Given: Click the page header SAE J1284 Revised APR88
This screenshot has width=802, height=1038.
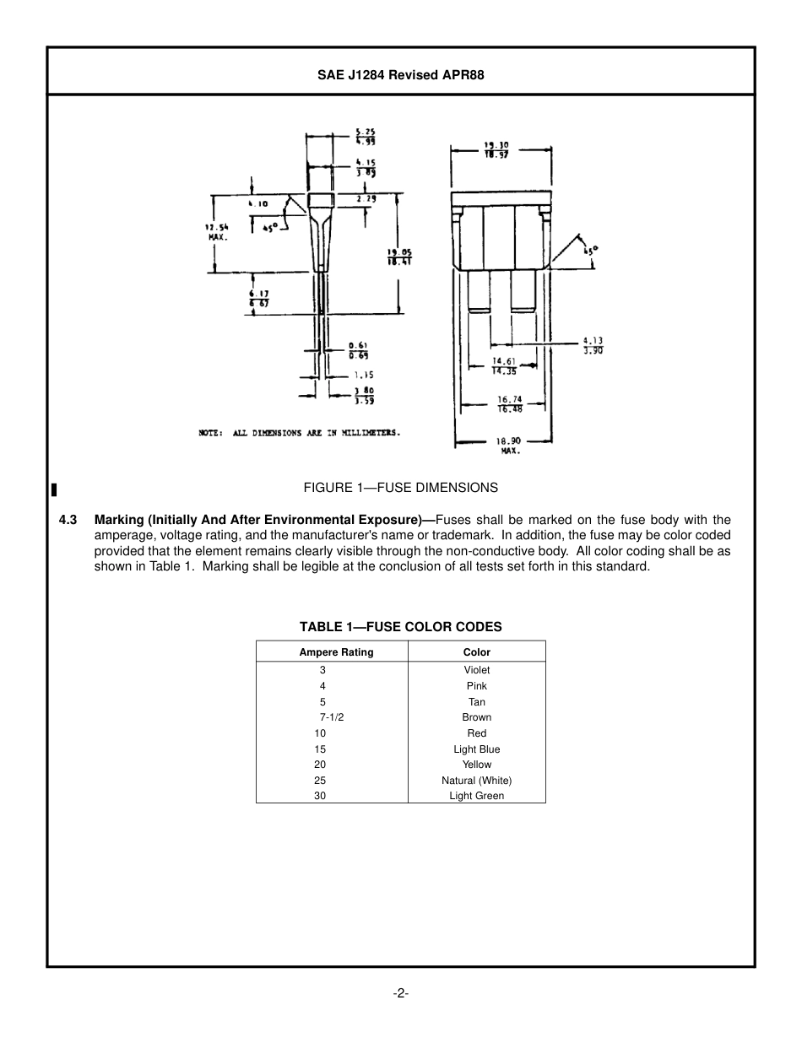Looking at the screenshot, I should (400, 74).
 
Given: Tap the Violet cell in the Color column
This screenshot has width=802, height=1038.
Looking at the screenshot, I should (477, 670).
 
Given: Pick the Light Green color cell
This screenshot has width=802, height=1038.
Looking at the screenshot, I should (477, 796).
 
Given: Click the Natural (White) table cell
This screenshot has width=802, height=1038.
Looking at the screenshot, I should (477, 781).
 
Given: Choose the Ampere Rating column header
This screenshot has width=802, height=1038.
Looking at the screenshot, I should (336, 652).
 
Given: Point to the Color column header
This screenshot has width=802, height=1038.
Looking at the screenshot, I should (477, 652).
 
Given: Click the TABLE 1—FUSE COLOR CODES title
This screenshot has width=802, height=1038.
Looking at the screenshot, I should (401, 627).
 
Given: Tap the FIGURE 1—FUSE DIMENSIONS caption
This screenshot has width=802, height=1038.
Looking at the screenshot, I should (401, 488).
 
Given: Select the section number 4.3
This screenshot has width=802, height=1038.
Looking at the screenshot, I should (68, 520).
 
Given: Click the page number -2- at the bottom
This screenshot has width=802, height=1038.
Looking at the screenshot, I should (401, 993).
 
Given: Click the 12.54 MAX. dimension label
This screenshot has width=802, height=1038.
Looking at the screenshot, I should (218, 232).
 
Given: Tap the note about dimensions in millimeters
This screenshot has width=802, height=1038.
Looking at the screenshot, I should (300, 433).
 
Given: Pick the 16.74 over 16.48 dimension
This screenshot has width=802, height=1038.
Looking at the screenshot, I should (510, 404).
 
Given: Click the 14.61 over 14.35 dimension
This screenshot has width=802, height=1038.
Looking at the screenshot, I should (505, 366).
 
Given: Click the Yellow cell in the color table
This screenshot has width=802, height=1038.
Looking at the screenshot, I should (477, 765).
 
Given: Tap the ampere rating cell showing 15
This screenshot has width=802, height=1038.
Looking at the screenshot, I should (320, 749).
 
